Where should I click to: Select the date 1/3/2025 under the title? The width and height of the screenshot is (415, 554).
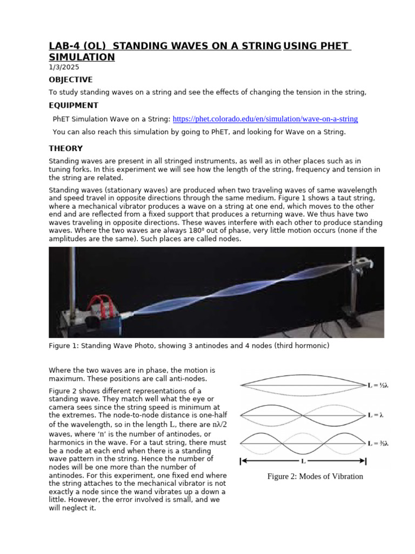tap(64, 67)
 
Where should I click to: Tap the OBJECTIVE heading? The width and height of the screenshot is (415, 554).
tap(71, 80)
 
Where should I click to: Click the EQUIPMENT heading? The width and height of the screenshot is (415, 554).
tap(73, 105)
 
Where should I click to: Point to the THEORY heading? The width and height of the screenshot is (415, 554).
tap(66, 148)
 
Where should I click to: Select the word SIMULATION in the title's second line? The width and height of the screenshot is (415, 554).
tap(82, 57)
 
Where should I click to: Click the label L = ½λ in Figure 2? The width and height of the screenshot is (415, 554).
tap(378, 385)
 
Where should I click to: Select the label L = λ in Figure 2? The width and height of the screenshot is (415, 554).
tap(375, 415)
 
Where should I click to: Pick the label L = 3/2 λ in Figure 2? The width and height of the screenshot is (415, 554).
tap(378, 444)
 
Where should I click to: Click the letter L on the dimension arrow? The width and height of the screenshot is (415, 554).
tap(303, 461)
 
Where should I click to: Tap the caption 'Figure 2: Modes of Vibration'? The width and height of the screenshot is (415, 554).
tap(315, 477)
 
